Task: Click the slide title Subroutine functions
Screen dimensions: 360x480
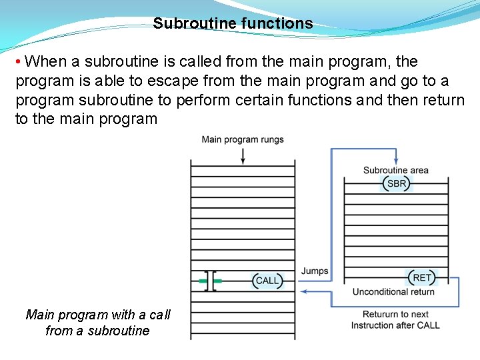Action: pos(233,23)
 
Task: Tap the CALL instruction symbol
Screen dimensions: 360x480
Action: pos(267,281)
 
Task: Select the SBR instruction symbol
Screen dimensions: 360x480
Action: pos(396,183)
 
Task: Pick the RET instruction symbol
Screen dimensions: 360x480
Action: pos(422,277)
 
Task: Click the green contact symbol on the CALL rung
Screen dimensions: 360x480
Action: pos(211,281)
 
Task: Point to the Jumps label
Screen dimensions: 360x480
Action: pos(315,271)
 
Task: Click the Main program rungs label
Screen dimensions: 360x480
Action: pos(243,139)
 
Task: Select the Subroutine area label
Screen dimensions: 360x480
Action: pos(396,170)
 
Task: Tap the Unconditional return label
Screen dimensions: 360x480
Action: pos(393,291)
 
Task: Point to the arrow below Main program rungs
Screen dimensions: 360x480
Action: pos(243,155)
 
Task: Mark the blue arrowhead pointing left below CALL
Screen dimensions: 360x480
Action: pos(304,291)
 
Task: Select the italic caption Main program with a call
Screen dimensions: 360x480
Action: pos(98,315)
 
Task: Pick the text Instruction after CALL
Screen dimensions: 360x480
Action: pos(395,325)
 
